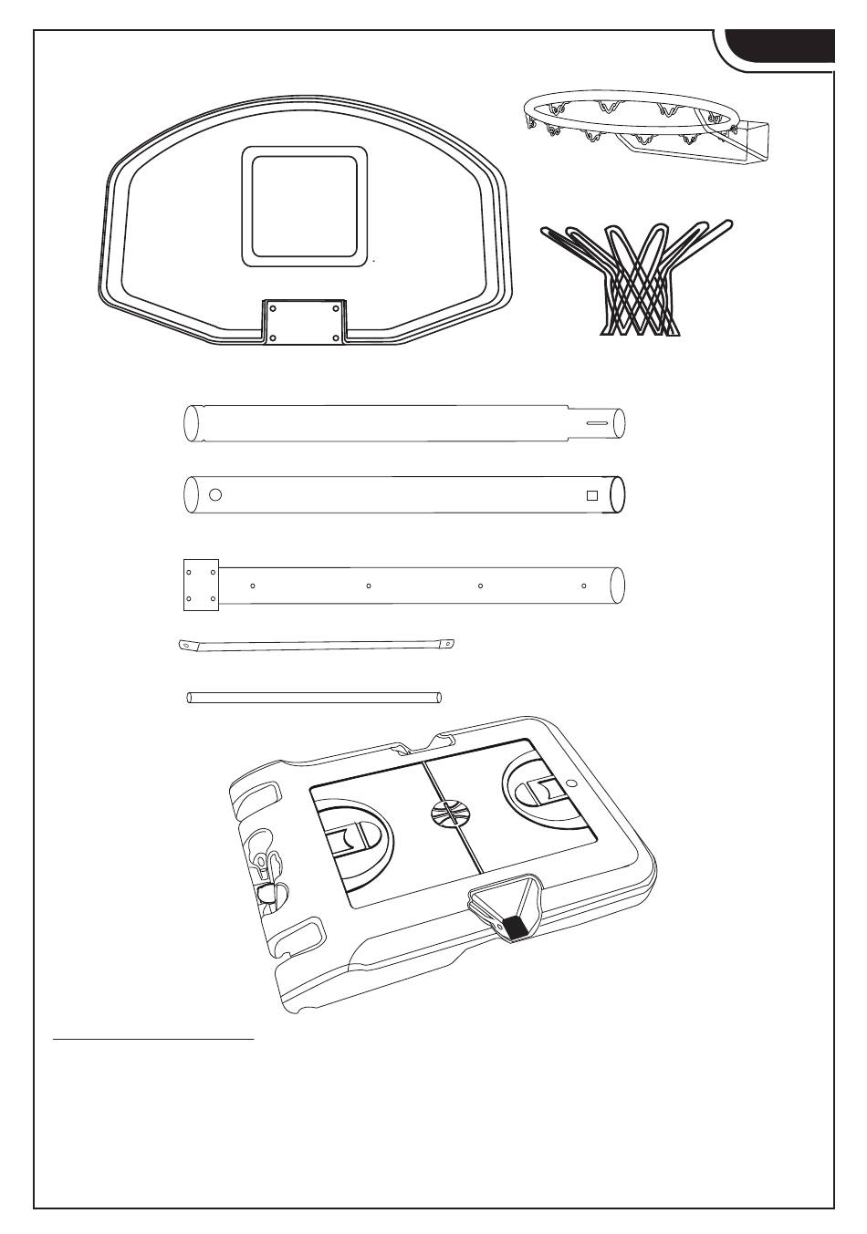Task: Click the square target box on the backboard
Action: [x=305, y=206]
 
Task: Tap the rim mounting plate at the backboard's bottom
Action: [x=305, y=322]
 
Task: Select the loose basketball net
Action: [x=636, y=279]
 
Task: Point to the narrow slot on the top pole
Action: [x=599, y=423]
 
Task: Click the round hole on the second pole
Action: [x=215, y=495]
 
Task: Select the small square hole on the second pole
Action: [x=591, y=495]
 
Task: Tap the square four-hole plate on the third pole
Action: [x=201, y=586]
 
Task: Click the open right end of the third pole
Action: [x=618, y=586]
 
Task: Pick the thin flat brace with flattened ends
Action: [x=316, y=645]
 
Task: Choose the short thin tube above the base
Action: [x=315, y=698]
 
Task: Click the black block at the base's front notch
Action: [x=517, y=928]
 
